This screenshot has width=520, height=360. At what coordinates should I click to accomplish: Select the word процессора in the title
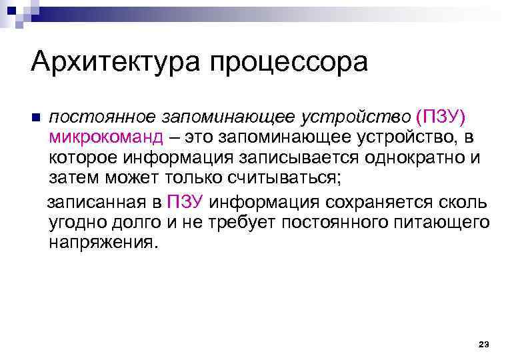(x=288, y=63)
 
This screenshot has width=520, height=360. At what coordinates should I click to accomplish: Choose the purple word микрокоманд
(x=106, y=138)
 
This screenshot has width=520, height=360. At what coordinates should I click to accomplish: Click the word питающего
(x=434, y=223)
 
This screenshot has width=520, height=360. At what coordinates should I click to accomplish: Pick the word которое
(x=84, y=159)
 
